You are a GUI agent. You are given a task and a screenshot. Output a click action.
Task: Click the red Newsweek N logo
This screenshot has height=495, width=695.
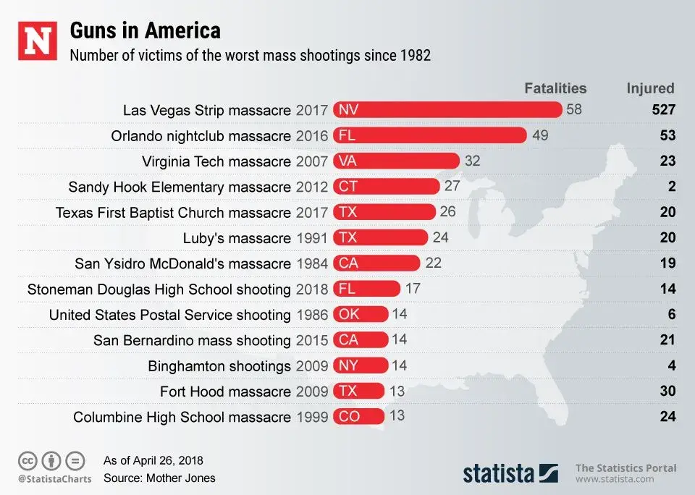point(37,42)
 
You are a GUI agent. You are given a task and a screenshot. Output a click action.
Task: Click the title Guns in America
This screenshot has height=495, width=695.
point(145,31)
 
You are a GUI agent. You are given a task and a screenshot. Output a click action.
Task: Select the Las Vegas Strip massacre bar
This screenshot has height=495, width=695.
point(447,110)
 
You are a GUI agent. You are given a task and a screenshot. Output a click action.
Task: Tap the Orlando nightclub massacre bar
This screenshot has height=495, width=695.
point(429,135)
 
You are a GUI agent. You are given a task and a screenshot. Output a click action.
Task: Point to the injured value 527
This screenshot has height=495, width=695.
point(662,110)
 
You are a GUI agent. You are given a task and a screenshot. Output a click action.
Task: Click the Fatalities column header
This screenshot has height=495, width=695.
point(555,88)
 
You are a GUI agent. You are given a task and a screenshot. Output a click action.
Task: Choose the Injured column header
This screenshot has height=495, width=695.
point(650,88)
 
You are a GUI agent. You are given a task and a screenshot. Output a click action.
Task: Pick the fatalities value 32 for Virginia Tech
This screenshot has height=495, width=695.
point(472,161)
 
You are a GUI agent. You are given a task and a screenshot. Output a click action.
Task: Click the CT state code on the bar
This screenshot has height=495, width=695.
point(348,187)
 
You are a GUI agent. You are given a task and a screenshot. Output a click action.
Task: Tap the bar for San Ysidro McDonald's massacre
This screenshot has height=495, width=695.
point(376,263)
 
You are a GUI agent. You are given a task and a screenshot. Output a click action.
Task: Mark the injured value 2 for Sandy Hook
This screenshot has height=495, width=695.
point(672,187)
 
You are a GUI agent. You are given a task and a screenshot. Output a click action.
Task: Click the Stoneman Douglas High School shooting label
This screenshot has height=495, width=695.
point(159,289)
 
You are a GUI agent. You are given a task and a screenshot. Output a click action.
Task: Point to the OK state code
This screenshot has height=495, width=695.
point(349,315)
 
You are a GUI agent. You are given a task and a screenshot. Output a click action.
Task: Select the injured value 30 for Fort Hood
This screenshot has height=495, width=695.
point(667,392)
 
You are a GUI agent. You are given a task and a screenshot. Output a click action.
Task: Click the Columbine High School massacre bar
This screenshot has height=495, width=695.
point(358,417)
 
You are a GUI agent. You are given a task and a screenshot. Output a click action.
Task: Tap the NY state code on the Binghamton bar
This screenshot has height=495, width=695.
point(348,366)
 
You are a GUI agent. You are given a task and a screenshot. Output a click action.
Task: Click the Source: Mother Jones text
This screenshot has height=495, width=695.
point(159,478)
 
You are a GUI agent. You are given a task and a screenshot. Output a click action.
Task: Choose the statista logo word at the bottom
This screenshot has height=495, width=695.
point(499,474)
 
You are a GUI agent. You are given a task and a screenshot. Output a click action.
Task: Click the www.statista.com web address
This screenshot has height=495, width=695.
point(615,479)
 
